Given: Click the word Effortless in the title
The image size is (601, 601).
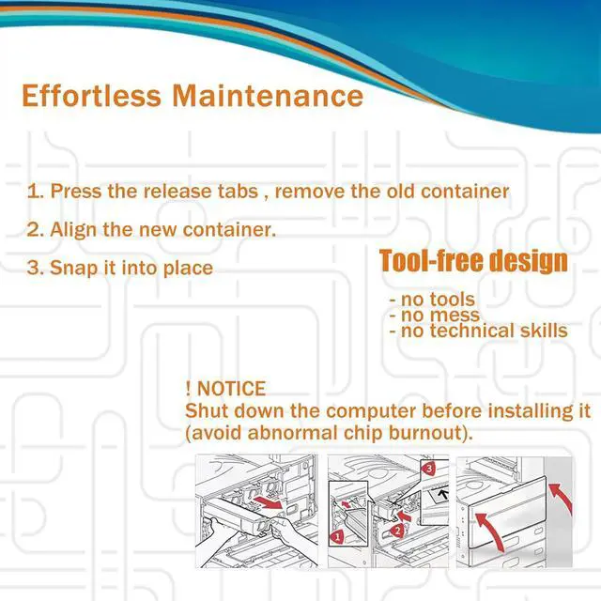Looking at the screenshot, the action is pos(91,96).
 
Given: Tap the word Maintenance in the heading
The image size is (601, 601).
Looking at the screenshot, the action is pos(268,96).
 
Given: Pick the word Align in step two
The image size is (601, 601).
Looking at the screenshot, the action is pos(73,230).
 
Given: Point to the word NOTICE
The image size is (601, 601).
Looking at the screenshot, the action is pos(231,389).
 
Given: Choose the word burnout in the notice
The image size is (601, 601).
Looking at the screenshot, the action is pos(424,433).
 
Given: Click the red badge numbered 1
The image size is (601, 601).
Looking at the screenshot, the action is pos(337,537).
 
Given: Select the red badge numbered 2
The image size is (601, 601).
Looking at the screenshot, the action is pos(398,531).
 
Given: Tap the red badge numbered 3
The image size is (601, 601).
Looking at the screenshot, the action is pos(428,469).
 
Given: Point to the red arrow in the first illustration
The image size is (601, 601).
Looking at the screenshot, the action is pos(269,502).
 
